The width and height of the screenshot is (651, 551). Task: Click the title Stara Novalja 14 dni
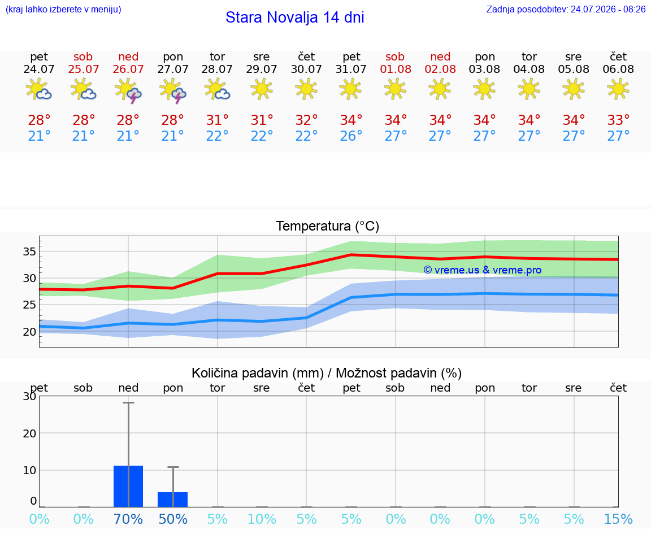[x=295, y=18]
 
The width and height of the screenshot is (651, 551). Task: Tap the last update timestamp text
[x=566, y=9]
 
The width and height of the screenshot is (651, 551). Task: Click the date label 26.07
[x=128, y=69]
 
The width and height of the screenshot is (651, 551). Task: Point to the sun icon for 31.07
[x=350, y=89]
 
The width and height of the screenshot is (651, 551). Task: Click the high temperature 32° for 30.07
[x=306, y=120]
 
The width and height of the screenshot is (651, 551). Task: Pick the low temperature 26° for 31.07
[x=351, y=136]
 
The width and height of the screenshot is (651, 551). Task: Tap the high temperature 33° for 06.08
[x=618, y=120]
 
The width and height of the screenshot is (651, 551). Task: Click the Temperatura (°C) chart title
[x=328, y=226]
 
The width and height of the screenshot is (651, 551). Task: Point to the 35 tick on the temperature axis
[x=29, y=251]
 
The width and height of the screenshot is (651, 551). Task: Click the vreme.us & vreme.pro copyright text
[x=483, y=270]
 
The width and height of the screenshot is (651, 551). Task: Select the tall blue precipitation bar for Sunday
[x=128, y=486]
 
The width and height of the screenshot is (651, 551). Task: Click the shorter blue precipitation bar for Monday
[x=173, y=500]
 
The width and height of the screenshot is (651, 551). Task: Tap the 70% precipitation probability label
[x=128, y=519]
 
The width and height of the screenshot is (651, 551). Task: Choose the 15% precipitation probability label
[x=618, y=519]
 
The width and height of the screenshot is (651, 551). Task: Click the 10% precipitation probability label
[x=262, y=519]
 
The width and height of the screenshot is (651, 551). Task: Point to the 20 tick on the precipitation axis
[x=29, y=433]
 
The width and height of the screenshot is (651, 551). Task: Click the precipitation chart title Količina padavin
[x=258, y=373]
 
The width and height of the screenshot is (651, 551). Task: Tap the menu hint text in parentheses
[x=63, y=9]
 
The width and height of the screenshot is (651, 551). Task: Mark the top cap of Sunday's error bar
[x=128, y=402]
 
